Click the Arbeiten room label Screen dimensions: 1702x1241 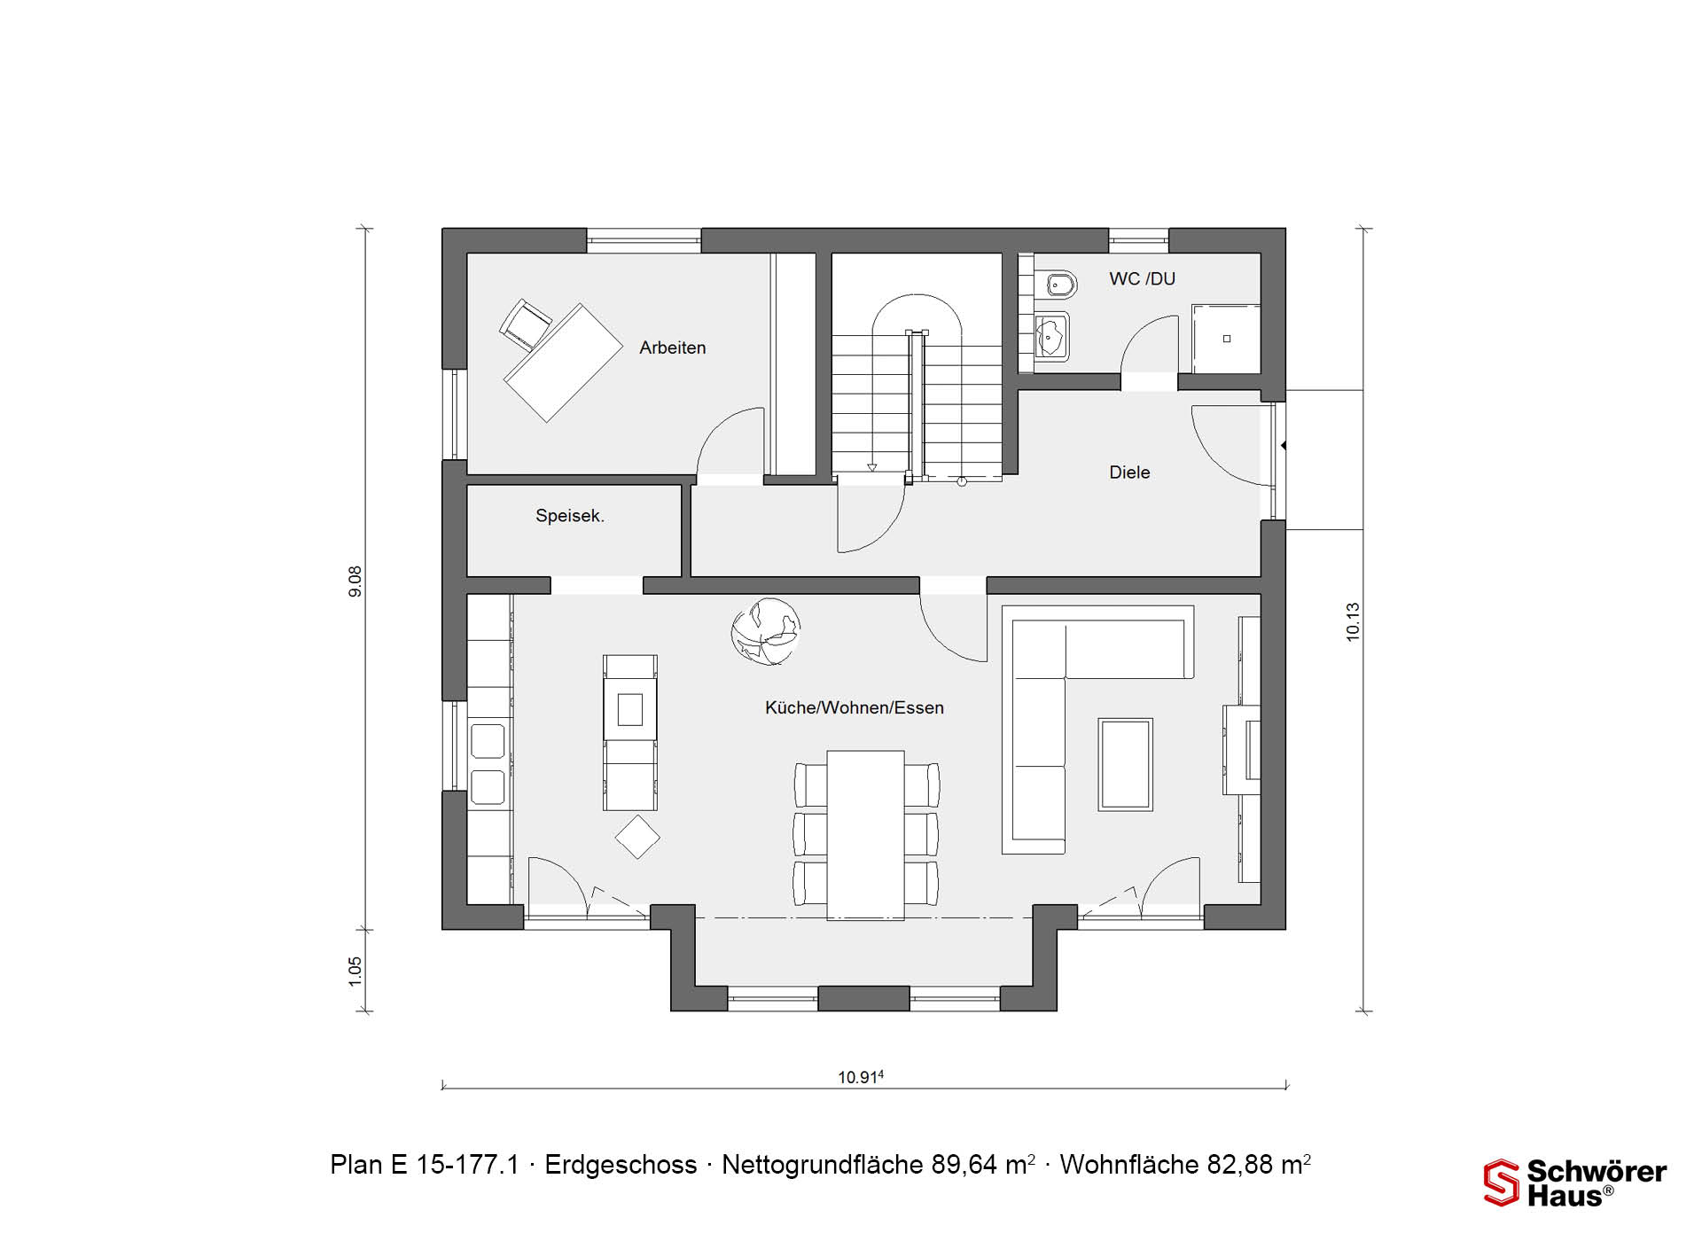pyautogui.click(x=673, y=348)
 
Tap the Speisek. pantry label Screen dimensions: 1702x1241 pyautogui.click(x=570, y=516)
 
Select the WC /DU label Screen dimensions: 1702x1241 pyautogui.click(x=1142, y=279)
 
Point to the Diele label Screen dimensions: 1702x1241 pyautogui.click(x=1129, y=472)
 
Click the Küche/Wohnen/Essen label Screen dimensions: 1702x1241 pyautogui.click(x=855, y=708)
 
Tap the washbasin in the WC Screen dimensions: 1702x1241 pyautogui.click(x=1052, y=337)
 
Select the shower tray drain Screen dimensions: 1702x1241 pyautogui.click(x=1227, y=339)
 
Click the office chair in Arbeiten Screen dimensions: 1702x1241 pyautogui.click(x=526, y=322)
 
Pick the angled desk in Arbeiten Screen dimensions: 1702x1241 pyautogui.click(x=564, y=363)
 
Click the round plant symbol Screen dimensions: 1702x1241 pyautogui.click(x=765, y=631)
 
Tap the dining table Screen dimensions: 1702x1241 pyautogui.click(x=866, y=836)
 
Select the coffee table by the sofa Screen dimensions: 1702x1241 pyautogui.click(x=1126, y=764)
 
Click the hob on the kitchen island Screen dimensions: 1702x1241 pyautogui.click(x=630, y=710)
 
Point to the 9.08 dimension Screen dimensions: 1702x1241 pyautogui.click(x=355, y=581)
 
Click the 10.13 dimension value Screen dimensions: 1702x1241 pyautogui.click(x=1353, y=622)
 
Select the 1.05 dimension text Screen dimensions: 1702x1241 pyautogui.click(x=355, y=971)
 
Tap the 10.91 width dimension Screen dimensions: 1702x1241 pyautogui.click(x=861, y=1077)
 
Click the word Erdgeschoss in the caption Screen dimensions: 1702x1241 pyautogui.click(x=621, y=1165)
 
